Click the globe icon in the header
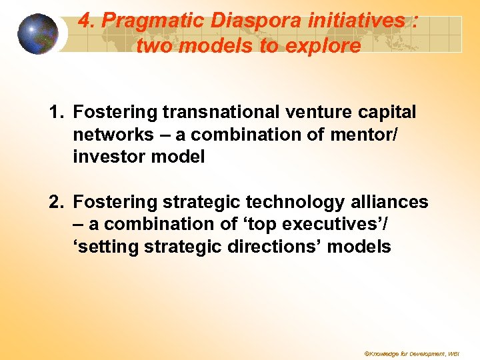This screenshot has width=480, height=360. coord(38,34)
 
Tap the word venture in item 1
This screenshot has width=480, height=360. coord(319,111)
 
